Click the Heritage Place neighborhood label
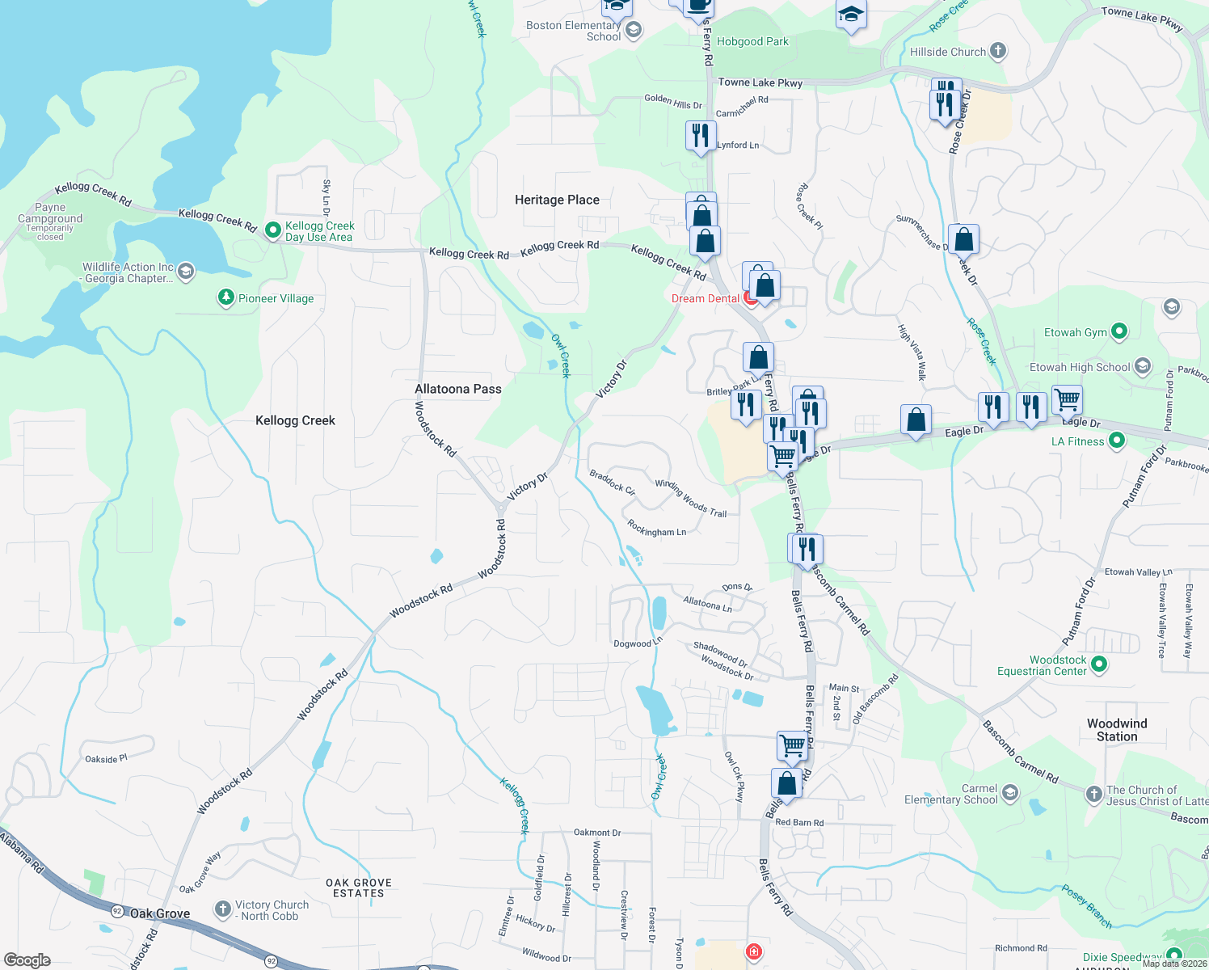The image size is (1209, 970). [557, 200]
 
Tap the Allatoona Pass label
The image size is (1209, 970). [457, 389]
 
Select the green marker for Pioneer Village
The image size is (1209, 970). [226, 298]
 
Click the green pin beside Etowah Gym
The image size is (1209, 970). [1119, 331]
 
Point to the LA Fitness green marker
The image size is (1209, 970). [1117, 441]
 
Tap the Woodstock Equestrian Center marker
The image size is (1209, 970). [1099, 664]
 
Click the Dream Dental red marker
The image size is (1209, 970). [751, 299]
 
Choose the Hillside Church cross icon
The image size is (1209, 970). [998, 51]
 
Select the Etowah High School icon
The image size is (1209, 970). [1143, 366]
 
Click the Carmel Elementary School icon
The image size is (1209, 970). [1010, 793]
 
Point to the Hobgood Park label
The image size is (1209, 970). [752, 41]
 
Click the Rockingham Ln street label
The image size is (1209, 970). [656, 529]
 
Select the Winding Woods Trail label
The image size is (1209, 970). [690, 498]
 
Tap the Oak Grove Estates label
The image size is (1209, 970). [358, 888]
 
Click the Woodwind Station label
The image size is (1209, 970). [1117, 730]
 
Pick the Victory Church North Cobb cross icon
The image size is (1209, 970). [223, 909]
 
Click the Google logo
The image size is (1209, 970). [27, 959]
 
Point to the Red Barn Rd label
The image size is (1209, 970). [799, 822]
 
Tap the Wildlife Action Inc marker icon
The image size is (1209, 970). [186, 271]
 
